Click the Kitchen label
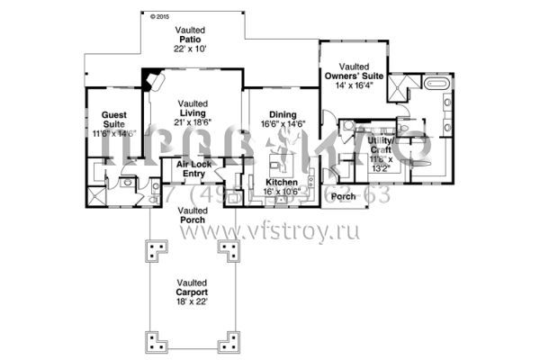point(282,183)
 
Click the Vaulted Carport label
point(192,288)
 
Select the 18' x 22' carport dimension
point(192,303)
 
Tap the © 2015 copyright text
point(158,16)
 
